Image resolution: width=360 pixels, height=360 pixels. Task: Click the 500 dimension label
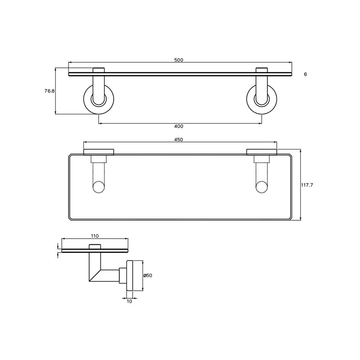click(179, 60)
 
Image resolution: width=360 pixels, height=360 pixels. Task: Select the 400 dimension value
click(179, 126)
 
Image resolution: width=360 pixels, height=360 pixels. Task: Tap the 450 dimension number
click(179, 140)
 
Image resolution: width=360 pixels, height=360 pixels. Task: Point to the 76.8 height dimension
click(49, 91)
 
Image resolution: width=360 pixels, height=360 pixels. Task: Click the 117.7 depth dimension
click(307, 185)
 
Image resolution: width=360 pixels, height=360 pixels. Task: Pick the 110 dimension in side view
click(94, 236)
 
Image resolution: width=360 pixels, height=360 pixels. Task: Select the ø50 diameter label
click(148, 275)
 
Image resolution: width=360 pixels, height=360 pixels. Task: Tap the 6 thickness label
click(305, 74)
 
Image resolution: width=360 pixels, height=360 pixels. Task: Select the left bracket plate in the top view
click(99, 152)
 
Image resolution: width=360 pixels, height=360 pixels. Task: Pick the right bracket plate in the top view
click(261, 152)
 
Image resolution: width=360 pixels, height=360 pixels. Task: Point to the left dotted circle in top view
click(99, 188)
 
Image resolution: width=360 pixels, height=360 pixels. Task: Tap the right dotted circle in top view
click(261, 188)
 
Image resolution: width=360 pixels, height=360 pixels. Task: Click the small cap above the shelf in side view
click(95, 246)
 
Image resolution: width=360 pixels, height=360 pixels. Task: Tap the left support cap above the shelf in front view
click(99, 70)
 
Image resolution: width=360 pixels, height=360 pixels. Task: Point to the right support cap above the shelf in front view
click(261, 70)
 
